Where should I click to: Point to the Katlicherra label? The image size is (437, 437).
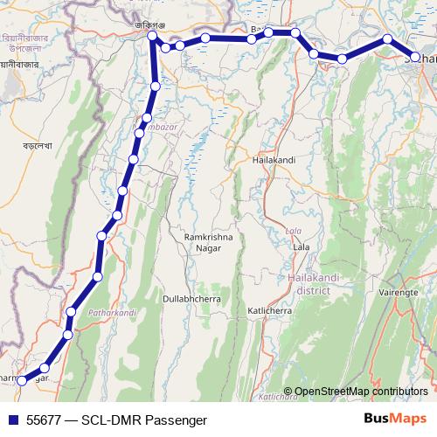click(x=274, y=310)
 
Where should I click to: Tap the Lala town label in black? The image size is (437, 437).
click(x=302, y=247)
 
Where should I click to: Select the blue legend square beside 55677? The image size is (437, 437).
click(x=12, y=420)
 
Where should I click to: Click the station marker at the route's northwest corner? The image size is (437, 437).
click(x=153, y=37)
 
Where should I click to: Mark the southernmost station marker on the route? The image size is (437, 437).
click(x=23, y=380)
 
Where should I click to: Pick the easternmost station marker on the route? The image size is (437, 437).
click(x=415, y=58)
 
